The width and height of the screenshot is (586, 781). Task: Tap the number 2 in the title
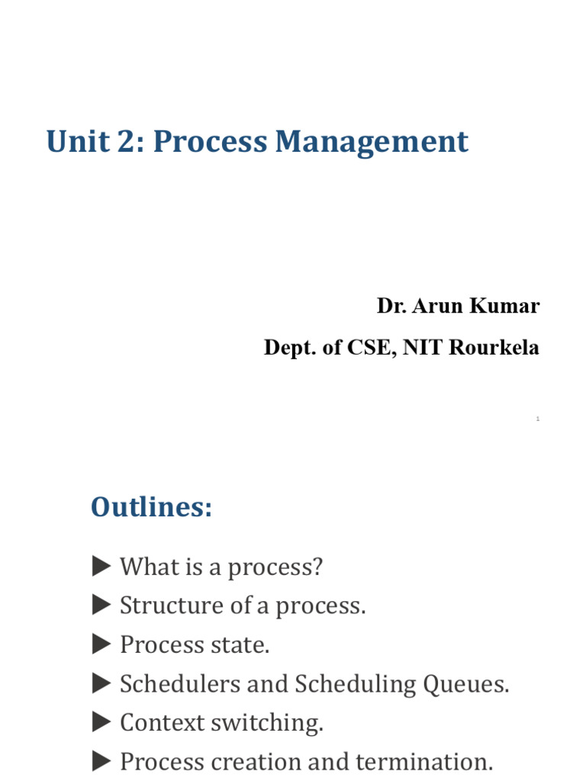pos(128,142)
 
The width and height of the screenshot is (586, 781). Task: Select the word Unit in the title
pos(74,142)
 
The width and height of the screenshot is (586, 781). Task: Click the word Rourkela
pos(494,348)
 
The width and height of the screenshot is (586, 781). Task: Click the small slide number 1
pos(538,419)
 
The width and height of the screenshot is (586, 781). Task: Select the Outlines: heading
pos(151,507)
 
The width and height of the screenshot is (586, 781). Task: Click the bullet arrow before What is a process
pos(101,566)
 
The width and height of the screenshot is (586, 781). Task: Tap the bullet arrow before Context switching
pos(101,722)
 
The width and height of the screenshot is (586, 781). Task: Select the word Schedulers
pos(176,684)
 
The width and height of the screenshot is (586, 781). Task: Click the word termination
pos(433,761)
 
